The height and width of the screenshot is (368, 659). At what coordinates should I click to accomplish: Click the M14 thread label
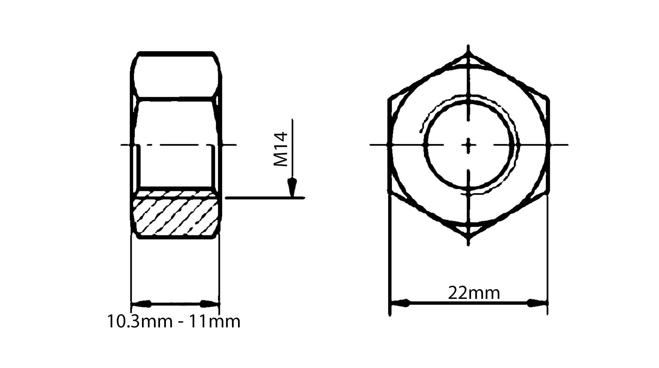click(x=280, y=149)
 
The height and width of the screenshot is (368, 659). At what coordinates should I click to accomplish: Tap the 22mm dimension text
click(x=474, y=293)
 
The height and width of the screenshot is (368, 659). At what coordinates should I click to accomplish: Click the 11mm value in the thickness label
click(x=214, y=322)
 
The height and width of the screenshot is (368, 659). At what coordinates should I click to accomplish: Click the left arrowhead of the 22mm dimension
click(x=400, y=303)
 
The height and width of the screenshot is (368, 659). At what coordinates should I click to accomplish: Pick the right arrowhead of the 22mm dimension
click(x=537, y=303)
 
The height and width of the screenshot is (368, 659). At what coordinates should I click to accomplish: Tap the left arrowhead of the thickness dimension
click(x=141, y=304)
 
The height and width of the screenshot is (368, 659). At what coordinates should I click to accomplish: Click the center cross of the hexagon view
click(x=468, y=145)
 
